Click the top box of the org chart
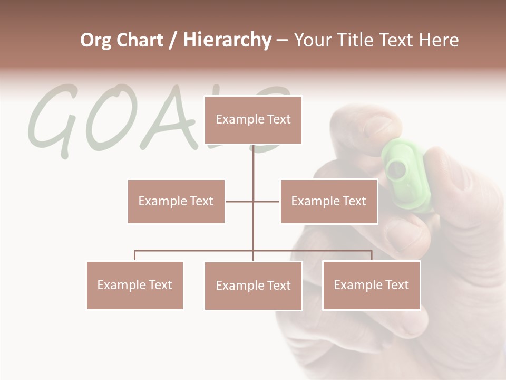(253, 120)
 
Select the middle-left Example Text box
(176, 201)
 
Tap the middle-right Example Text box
(328, 201)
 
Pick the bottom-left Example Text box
(134, 285)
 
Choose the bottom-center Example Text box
(253, 286)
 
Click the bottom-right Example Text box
(371, 285)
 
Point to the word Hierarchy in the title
(227, 41)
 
